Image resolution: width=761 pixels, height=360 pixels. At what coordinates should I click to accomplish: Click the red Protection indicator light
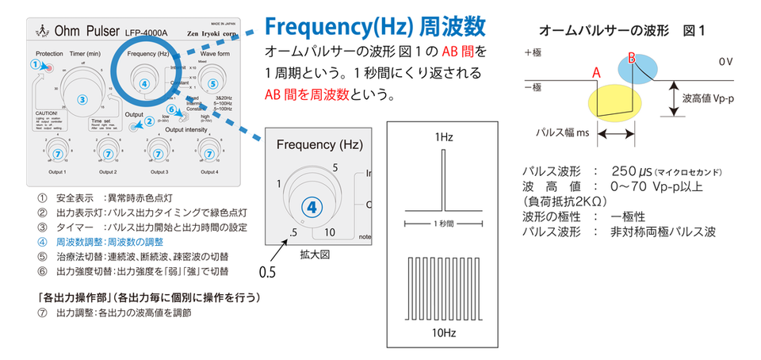coord(49,68)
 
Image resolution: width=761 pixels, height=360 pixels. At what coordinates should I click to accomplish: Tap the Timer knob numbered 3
coord(82,98)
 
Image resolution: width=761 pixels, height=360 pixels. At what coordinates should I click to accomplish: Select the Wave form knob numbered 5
coord(210,82)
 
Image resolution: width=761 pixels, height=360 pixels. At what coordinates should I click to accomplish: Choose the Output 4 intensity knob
coord(210,152)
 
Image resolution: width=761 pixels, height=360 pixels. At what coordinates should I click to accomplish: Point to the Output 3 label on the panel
coord(159,171)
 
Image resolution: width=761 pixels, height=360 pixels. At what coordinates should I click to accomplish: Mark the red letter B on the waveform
coord(632,56)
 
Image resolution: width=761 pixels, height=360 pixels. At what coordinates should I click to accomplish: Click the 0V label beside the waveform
coord(726,61)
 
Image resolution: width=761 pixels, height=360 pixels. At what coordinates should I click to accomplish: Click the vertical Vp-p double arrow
coord(673,98)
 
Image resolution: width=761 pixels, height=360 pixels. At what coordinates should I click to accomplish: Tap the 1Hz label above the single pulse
coord(443,138)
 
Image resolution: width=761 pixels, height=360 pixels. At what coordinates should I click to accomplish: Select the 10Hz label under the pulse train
coord(443,332)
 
